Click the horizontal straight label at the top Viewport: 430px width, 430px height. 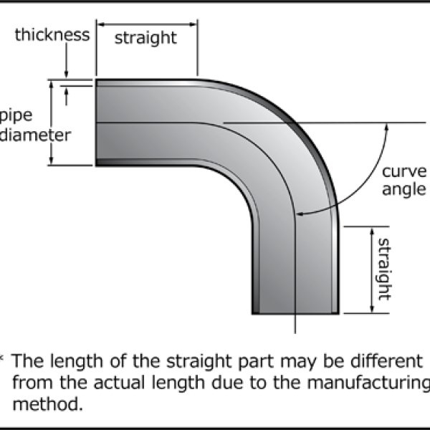pos(145,39)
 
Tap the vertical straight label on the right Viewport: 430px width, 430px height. pos(383,269)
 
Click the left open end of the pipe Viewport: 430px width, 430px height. pos(97,123)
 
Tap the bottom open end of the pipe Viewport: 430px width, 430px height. pos(295,312)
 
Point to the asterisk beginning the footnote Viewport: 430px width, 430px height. pos(3,357)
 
